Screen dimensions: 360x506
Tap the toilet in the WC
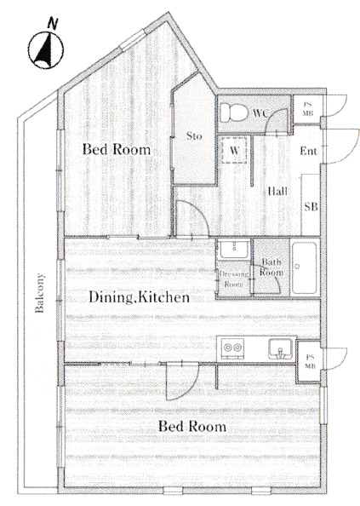(234, 112)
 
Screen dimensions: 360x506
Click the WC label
(260, 113)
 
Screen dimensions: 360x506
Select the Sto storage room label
(194, 135)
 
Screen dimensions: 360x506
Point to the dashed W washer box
(234, 150)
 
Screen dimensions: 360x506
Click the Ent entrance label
(308, 151)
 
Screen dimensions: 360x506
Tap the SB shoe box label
(311, 206)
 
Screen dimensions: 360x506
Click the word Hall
(277, 192)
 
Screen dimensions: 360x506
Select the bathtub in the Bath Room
(305, 267)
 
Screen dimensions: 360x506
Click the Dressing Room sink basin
(234, 250)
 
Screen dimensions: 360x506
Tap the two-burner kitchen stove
(233, 348)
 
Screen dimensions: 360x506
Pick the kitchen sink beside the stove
(281, 349)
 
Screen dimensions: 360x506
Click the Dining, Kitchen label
(139, 297)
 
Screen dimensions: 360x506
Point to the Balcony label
(39, 293)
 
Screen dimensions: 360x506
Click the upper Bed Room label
(117, 149)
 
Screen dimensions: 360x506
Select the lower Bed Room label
(192, 426)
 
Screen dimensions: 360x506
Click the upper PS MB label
(308, 109)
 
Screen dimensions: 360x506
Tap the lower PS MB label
(311, 362)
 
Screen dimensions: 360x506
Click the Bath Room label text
(271, 267)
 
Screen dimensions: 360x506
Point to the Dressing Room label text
(234, 279)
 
